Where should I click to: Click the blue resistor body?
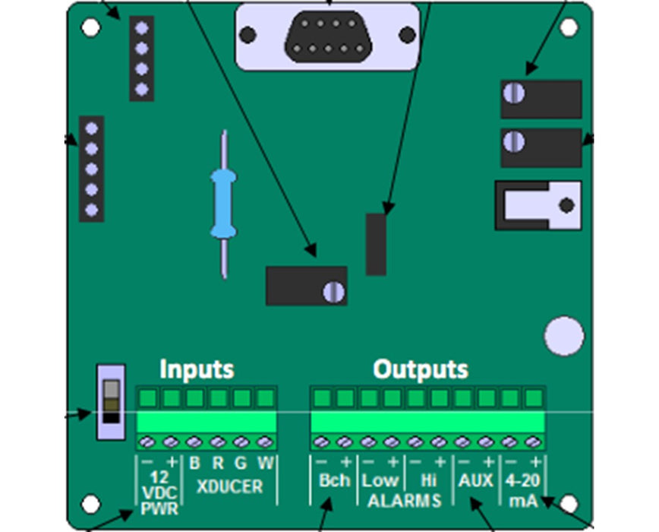click(x=223, y=202)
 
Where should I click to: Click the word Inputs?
click(x=197, y=369)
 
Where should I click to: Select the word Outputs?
click(x=421, y=369)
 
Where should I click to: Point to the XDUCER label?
click(x=229, y=486)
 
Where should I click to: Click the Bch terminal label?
click(x=334, y=480)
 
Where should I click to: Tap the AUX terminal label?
click(x=475, y=480)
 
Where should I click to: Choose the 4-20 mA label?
click(x=523, y=490)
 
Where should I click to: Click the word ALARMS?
click(x=404, y=500)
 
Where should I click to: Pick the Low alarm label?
click(x=380, y=480)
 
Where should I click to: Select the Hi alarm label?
click(x=427, y=480)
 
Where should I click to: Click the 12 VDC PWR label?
click(x=159, y=492)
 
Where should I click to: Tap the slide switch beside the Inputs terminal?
click(x=111, y=401)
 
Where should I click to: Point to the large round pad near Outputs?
click(x=564, y=335)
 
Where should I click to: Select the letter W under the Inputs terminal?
click(x=264, y=462)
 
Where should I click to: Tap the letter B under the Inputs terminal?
click(x=194, y=462)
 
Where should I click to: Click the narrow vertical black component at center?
click(x=376, y=244)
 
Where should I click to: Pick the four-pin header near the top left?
click(x=141, y=59)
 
